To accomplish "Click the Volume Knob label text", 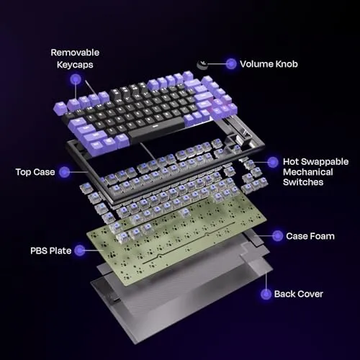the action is [x=269, y=64].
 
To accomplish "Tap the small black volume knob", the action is [x=202, y=65].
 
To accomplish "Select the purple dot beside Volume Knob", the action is [x=231, y=64].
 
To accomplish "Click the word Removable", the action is [x=75, y=53].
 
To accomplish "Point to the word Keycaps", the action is [x=75, y=65].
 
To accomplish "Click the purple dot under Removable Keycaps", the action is [x=76, y=79].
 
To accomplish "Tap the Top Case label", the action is [x=35, y=172].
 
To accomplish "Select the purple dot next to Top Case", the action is [x=64, y=172].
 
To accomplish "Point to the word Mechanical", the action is [x=308, y=172].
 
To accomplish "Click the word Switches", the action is [x=303, y=182].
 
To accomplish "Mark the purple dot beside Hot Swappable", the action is [x=273, y=163].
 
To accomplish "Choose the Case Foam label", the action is [x=310, y=236].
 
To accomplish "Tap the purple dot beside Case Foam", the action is [x=277, y=236].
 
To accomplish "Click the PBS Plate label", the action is [x=51, y=251].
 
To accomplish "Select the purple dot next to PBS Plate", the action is [x=80, y=251].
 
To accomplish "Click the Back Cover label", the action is [x=299, y=294].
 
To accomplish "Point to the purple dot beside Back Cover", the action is [x=266, y=294].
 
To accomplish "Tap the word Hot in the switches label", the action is [x=291, y=162].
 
